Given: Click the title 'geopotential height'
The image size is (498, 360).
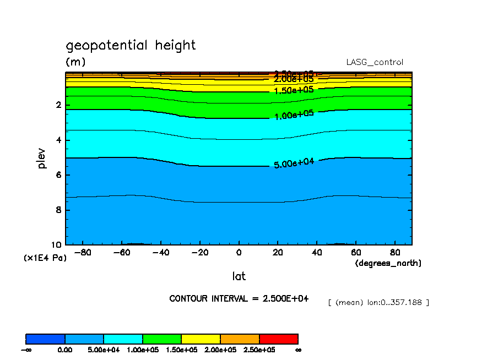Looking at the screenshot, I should coord(131,45).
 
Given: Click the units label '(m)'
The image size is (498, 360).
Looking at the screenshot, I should coord(75,62).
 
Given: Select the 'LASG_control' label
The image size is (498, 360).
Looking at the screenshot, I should coord(375,63).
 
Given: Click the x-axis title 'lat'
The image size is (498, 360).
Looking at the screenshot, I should coord(239,276).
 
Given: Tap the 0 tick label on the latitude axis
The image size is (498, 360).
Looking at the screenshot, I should coord(239,253).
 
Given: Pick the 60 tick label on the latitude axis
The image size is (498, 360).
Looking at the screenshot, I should coord(356,253).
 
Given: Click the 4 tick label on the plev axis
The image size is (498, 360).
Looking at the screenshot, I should coord(59,140).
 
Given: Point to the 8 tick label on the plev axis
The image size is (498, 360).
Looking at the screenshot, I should coord(59,210).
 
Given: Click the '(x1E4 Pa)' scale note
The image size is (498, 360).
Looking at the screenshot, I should coord(45,258).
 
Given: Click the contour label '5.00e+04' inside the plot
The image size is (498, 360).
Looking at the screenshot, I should coord(294,163).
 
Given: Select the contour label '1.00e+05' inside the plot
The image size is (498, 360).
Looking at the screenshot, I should coord(294,115).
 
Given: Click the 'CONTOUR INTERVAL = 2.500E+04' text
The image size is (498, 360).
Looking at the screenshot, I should coord(239,298).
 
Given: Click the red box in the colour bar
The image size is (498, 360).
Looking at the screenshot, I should coord(278,339).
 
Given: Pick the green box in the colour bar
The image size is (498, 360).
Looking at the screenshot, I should coord(162,339).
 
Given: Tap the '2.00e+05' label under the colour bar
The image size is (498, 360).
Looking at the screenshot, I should coord(220,350).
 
